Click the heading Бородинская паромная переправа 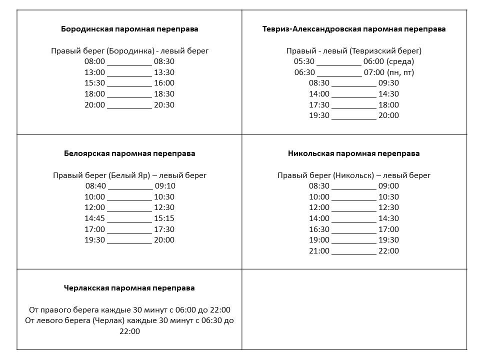coord(129,29)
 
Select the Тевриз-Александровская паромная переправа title coord(354,29)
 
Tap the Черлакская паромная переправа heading coord(129,288)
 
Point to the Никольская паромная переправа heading coord(354,153)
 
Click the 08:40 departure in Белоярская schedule coord(95,186)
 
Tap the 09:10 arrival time coord(165,186)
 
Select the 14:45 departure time coord(95,218)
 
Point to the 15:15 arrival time coord(164,218)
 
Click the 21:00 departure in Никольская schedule coord(319,251)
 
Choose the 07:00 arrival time coord(374,72)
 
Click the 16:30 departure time coord(319,229)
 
